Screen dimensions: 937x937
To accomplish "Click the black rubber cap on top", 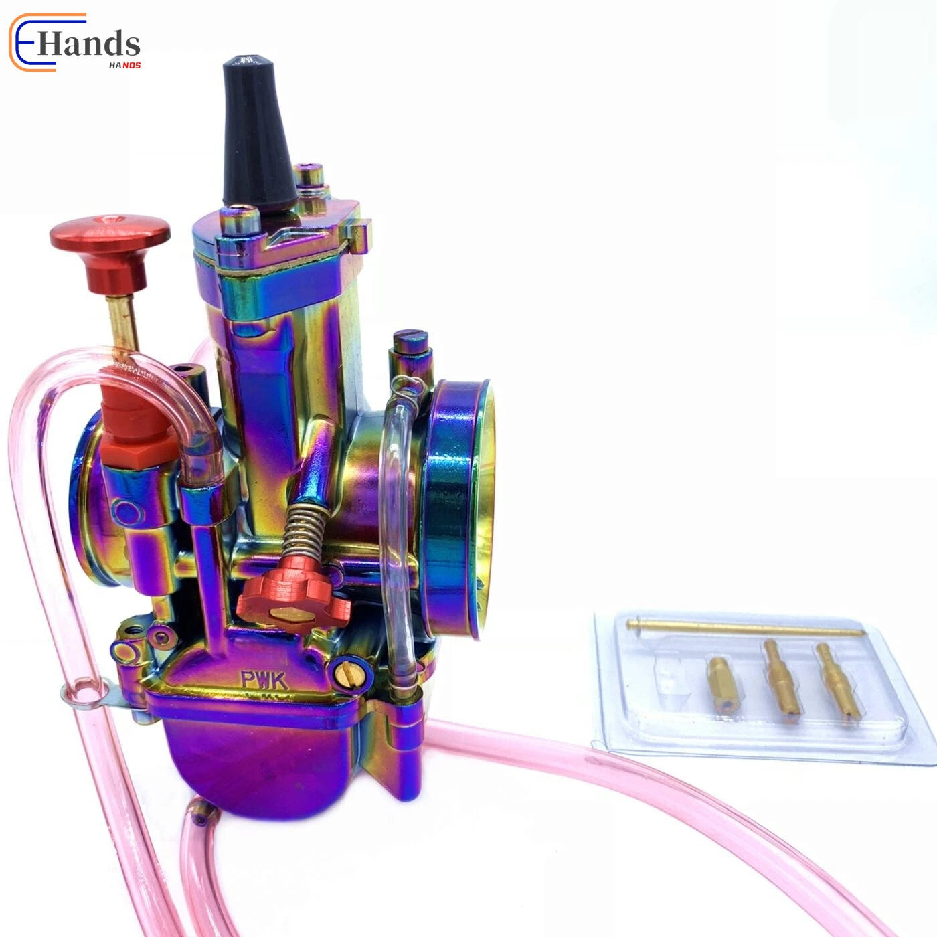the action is click(258, 136).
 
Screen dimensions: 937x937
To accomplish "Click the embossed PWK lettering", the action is click(264, 680).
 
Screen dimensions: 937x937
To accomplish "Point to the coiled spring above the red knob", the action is click(305, 531).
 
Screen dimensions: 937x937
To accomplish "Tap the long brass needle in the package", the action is click(745, 628).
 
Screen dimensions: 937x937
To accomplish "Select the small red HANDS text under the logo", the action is click(125, 65).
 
